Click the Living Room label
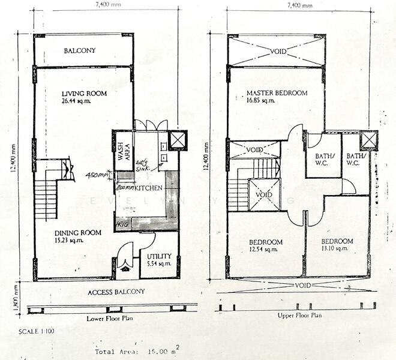(84, 94)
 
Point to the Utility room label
(158, 256)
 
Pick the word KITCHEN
(149, 188)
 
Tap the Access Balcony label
(116, 292)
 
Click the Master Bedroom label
(277, 93)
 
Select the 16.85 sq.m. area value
(261, 101)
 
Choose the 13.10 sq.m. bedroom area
(334, 248)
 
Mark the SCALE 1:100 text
(37, 331)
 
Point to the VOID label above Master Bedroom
(278, 51)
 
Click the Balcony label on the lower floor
(80, 51)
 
